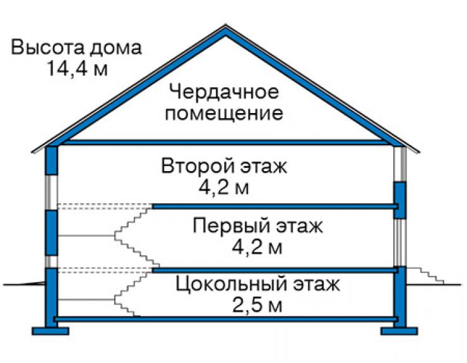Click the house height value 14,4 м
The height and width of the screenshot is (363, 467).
[77, 69]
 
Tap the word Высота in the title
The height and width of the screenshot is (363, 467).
[46, 47]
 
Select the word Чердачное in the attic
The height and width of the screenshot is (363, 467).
[223, 92]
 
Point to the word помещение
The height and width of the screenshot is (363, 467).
[223, 113]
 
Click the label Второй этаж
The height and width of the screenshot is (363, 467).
[224, 165]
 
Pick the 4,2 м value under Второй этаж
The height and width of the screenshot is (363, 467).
[224, 187]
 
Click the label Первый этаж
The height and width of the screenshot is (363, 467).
[257, 225]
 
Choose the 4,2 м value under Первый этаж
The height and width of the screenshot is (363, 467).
[257, 247]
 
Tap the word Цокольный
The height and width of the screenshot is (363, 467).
[231, 283]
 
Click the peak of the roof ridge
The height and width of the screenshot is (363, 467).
[225, 25]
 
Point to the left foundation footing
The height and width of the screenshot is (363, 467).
[50, 331]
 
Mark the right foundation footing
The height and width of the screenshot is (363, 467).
[399, 331]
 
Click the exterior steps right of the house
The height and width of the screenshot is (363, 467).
[426, 276]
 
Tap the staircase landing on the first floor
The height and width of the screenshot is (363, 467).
[86, 235]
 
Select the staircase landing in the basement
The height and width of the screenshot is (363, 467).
[86, 299]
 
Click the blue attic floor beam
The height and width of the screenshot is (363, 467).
[225, 143]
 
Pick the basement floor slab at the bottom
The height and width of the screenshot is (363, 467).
[226, 319]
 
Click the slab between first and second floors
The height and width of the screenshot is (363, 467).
[275, 206]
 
